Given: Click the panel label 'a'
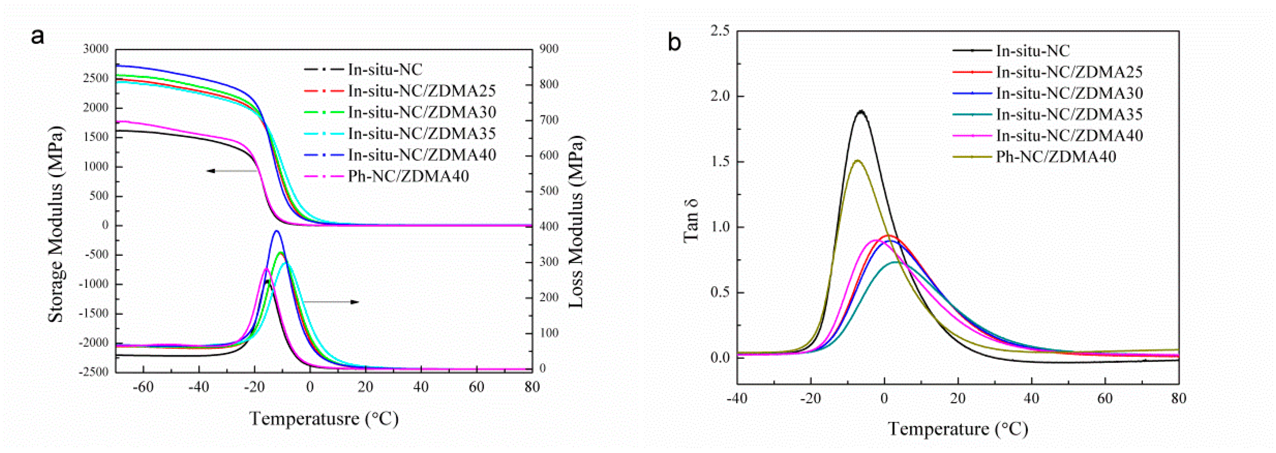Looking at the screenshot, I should point(37,37).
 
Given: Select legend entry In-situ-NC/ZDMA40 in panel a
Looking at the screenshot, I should point(421,155).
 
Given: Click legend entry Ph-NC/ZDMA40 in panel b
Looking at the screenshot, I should point(1056,157).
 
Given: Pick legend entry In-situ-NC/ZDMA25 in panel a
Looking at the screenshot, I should point(421,91).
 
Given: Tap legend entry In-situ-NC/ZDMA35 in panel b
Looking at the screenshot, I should point(1069,114).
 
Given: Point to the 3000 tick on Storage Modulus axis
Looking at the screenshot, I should point(96,49).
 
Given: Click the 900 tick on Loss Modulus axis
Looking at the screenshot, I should point(549,49).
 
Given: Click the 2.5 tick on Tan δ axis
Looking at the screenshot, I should point(720,31).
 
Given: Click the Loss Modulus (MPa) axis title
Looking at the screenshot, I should point(576,222).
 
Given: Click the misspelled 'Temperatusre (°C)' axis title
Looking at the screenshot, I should point(324,419).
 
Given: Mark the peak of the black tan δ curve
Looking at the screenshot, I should point(861,112).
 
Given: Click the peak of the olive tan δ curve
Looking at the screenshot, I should point(858,160).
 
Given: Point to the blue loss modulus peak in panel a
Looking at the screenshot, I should point(277,231).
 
